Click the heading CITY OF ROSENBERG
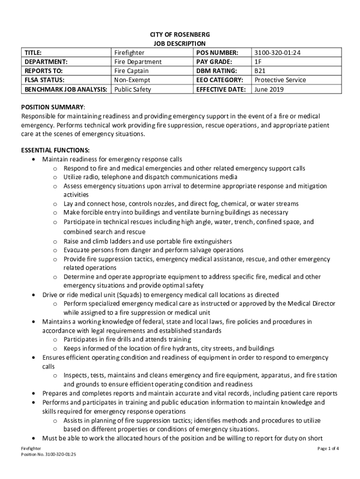180,35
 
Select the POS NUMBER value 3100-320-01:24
278,53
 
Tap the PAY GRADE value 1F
258,62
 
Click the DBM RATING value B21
259,71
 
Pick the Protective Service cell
280,80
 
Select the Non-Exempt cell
132,80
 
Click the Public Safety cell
133,89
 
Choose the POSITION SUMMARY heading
53,107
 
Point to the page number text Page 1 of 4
328,449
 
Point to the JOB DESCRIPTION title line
180,44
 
